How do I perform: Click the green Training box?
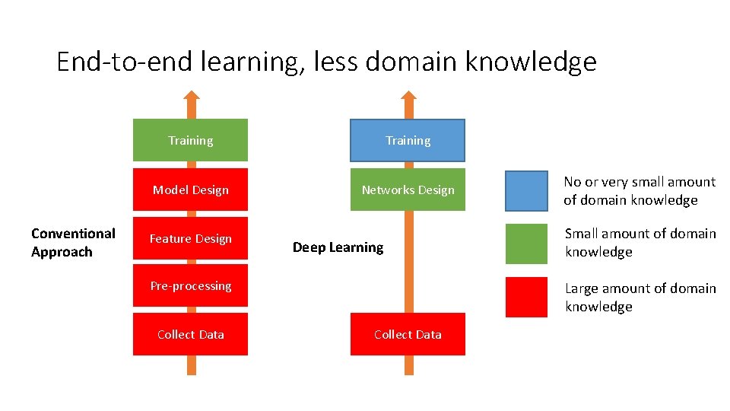coord(190,140)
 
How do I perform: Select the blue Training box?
coord(408,140)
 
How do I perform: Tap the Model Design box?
coord(190,190)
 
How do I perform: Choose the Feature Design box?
coord(190,238)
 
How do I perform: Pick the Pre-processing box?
coord(190,285)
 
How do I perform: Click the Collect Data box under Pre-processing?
coord(190,334)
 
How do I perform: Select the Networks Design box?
coord(408,190)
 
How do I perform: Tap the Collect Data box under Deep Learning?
coord(408,334)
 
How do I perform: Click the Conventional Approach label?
coord(73,242)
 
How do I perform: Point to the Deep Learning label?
coord(338,247)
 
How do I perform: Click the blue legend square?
coord(526,191)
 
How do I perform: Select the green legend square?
coord(526,243)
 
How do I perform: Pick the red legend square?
coord(526,297)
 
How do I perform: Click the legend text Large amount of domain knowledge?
coord(640,297)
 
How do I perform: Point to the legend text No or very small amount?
coord(639,182)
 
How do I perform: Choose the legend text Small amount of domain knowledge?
coord(640,242)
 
